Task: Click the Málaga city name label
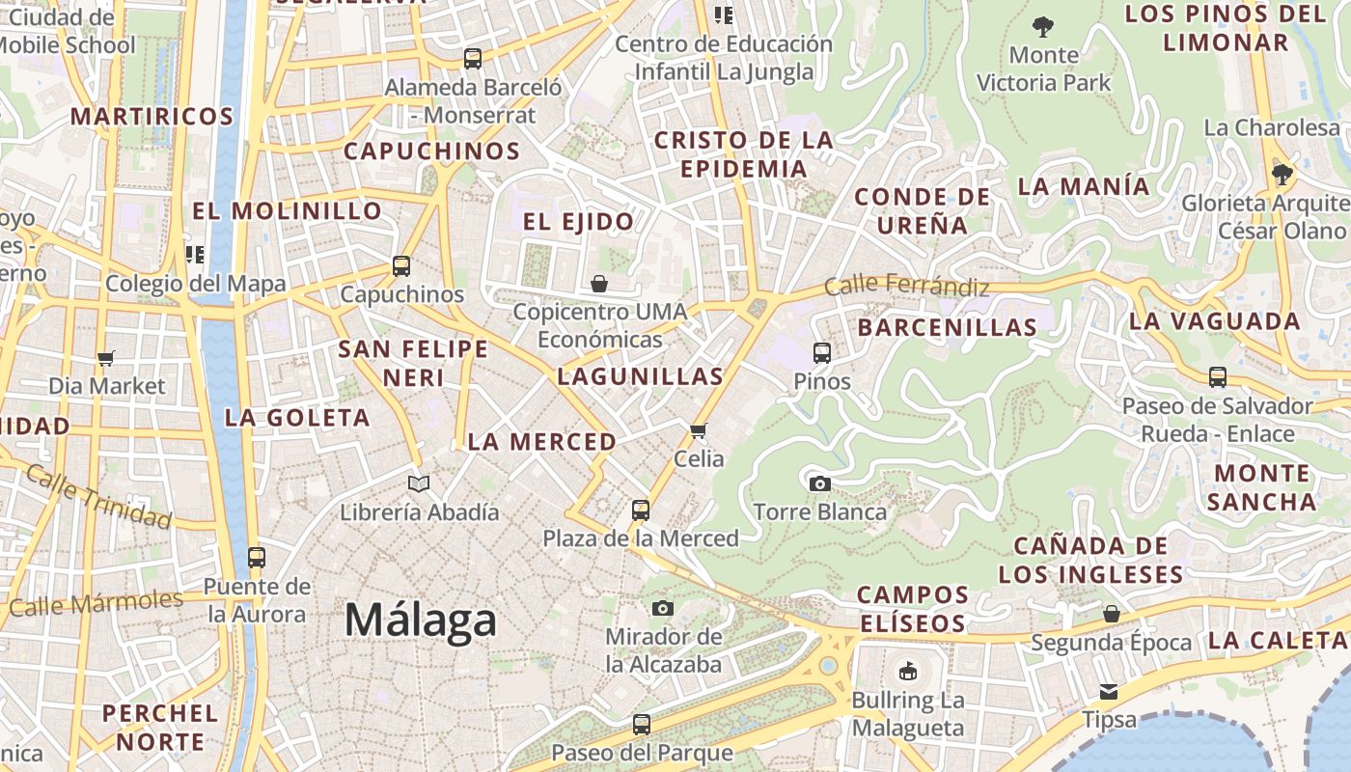tap(421, 620)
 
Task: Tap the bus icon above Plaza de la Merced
tap(641, 510)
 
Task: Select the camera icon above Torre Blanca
tap(820, 483)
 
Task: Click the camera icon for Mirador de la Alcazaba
tap(662, 608)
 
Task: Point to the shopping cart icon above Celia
tap(699, 430)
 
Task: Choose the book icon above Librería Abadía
tap(419, 483)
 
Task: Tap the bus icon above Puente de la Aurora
tap(257, 557)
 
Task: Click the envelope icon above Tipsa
tap(1109, 691)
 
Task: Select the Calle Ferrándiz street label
tap(906, 287)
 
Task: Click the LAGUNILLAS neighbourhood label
tap(640, 377)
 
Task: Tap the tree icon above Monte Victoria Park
tap(1043, 26)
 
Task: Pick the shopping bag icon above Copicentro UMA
tap(599, 284)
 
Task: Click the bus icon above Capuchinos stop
tap(401, 266)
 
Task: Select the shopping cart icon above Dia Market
tap(106, 358)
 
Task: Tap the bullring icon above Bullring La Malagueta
tap(907, 672)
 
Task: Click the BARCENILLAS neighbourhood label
tap(947, 328)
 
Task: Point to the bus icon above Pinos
tap(822, 353)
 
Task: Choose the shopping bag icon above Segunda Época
tap(1112, 614)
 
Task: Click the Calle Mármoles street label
tap(96, 603)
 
